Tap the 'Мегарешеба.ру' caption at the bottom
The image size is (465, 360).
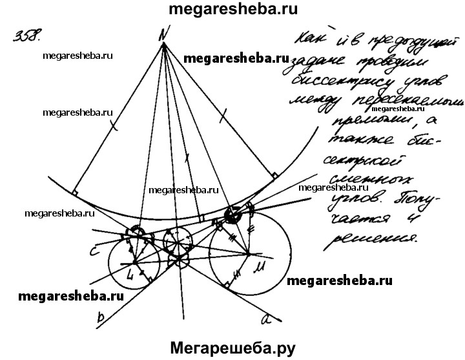pyautogui.click(x=232, y=348)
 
